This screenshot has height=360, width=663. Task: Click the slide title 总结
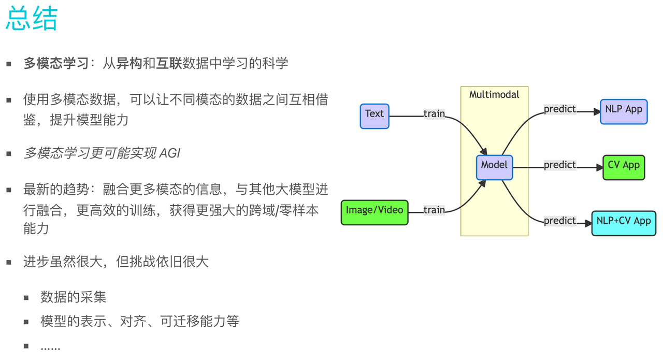(32, 19)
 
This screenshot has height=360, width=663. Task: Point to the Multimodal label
(494, 95)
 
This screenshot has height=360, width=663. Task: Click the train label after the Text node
(434, 114)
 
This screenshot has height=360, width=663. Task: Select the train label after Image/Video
(434, 210)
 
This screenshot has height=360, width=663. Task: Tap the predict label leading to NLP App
(560, 109)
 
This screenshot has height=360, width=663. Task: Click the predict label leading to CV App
(560, 165)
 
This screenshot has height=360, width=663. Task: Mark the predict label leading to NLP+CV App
(560, 221)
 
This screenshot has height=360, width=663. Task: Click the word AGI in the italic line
(170, 153)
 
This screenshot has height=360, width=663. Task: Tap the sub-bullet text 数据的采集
(73, 297)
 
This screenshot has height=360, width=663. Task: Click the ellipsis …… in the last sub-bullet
(50, 347)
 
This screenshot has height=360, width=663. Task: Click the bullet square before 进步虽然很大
(9, 262)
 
